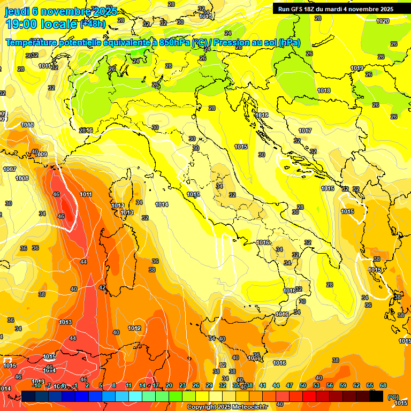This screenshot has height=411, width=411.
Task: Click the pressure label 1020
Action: tap(383, 21)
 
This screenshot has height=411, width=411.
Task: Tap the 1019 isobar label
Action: tap(357, 68)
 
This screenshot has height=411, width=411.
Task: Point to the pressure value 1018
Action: tap(324, 90)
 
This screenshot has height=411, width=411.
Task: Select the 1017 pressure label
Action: tap(305, 131)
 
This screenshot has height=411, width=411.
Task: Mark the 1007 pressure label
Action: tap(9, 169)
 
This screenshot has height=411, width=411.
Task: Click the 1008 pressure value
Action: tap(21, 178)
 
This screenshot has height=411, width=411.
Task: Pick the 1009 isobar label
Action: tap(41, 154)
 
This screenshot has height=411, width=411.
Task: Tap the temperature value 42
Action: tap(102, 287)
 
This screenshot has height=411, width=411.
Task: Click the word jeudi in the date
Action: tap(19, 11)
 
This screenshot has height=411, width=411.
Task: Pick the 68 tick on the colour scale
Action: tap(383, 385)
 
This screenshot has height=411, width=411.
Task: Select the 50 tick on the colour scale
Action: tap(303, 385)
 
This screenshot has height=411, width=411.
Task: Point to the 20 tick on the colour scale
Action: tap(169, 385)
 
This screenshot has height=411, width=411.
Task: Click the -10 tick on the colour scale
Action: tap(36, 385)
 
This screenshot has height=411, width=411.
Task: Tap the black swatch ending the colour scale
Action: tap(376, 396)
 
